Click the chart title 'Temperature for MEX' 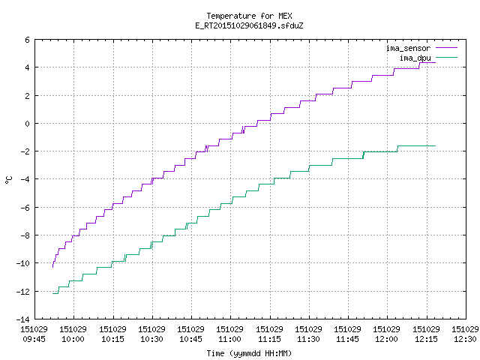coord(249,16)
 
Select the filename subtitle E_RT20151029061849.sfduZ coord(249,25)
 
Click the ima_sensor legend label coord(408,48)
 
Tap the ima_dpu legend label coord(415,58)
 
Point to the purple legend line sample coord(446,48)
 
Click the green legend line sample coord(446,57)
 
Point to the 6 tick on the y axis coord(27,40)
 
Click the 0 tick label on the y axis coord(27,124)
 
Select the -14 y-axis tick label coord(23,319)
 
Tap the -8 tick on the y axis coord(25,235)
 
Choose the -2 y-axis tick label coord(25,151)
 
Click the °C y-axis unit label coord(9,180)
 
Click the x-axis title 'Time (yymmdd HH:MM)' coord(249,353)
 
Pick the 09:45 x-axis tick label coord(34,339)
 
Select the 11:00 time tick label coord(229,339)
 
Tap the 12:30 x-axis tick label coord(465,339)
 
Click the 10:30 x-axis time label coord(151,339)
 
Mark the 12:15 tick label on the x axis coord(426,339)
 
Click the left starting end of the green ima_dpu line coord(53,293)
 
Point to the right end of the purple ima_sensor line coord(435,63)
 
